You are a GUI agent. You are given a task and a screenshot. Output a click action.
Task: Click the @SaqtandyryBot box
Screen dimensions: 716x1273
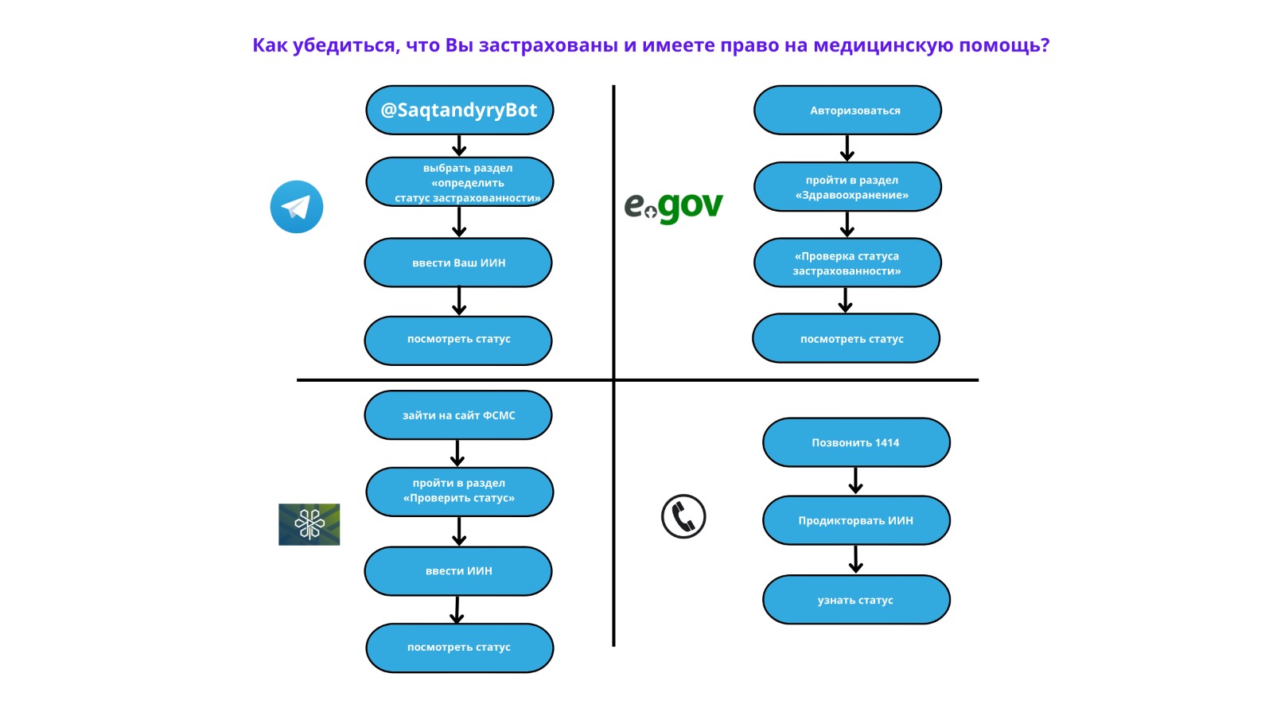459,111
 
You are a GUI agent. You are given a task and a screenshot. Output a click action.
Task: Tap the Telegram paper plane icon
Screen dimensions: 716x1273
297,207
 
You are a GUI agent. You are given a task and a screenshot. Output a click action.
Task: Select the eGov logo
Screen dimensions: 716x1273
673,207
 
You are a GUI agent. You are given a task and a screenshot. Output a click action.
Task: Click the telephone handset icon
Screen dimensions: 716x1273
683,516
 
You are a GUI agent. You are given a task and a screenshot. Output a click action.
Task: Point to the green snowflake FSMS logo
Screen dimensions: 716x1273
309,524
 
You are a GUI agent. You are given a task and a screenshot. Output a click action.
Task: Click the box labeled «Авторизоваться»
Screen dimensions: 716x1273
847,111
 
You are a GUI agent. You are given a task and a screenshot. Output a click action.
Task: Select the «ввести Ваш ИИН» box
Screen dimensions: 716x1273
458,263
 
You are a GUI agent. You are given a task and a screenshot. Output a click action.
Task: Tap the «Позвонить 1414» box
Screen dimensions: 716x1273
856,442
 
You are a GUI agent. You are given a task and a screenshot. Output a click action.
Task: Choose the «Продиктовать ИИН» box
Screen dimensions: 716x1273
856,520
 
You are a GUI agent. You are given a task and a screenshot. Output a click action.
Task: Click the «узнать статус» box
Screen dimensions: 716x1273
856,600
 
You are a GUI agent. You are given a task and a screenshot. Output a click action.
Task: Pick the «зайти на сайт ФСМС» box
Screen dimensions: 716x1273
458,415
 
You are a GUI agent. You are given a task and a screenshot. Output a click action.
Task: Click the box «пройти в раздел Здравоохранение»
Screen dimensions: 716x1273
847,187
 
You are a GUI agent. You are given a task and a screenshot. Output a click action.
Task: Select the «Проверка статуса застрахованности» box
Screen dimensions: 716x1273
847,263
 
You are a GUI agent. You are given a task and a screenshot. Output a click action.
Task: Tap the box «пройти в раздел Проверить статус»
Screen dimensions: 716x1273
459,491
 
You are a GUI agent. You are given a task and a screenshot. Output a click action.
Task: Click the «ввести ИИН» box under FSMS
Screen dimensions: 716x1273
458,571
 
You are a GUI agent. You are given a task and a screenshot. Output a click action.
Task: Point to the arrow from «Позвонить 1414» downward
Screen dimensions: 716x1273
856,481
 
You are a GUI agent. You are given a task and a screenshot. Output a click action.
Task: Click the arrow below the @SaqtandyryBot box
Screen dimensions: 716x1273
459,146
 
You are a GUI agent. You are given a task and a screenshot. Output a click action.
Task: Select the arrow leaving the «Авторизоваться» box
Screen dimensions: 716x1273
847,148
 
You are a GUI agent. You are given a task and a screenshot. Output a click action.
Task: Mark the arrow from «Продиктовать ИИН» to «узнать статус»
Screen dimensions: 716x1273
856,559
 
